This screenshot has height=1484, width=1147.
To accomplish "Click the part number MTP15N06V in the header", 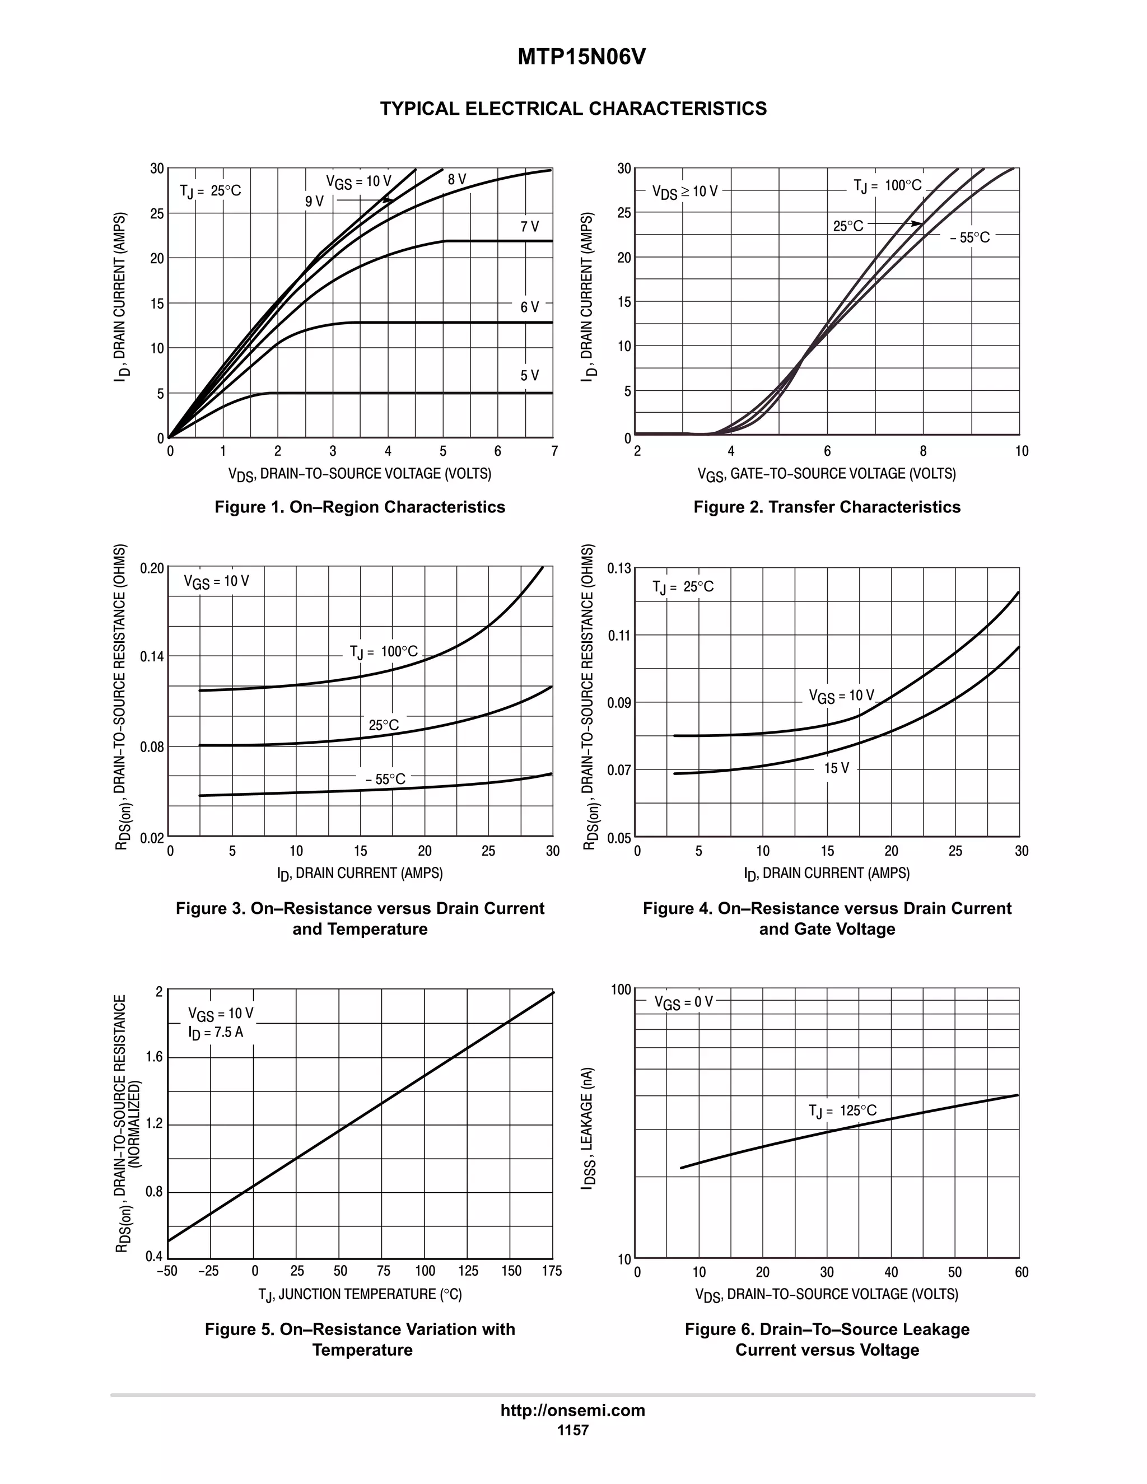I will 581,58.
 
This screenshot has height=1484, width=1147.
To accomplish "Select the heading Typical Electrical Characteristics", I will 573,109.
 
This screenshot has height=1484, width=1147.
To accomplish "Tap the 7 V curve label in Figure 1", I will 529,227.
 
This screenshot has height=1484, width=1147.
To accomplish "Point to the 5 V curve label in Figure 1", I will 529,376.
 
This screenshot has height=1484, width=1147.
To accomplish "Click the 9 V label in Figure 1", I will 314,202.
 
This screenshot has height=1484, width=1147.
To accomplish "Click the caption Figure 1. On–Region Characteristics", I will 360,507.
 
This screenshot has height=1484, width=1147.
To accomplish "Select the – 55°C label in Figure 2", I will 969,238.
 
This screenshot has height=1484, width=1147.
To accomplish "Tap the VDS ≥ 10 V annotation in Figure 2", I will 684,192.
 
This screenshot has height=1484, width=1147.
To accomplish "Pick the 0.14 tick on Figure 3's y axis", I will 152,656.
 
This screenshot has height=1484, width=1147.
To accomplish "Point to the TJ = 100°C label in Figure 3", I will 383,652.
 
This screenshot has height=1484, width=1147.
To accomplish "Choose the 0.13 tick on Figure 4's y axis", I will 619,568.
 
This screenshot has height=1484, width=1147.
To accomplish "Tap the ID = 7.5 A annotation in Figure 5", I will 216,1032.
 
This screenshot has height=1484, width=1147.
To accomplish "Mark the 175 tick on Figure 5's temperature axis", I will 552,1271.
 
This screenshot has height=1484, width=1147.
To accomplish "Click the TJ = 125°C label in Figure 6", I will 842,1111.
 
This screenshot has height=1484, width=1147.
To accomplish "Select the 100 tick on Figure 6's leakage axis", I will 621,990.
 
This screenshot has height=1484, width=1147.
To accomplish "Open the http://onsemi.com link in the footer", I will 572,1411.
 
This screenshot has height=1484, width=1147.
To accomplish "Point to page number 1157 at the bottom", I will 572,1430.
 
